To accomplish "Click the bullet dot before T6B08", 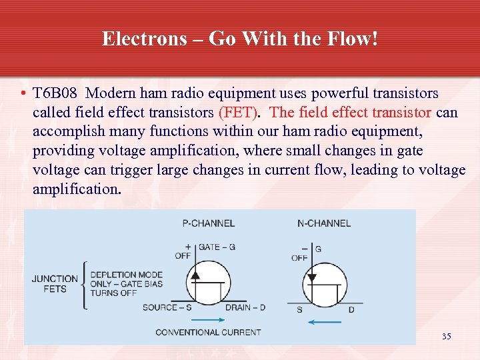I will (23, 93).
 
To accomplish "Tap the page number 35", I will (446, 337).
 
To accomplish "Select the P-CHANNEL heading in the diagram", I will (208, 223).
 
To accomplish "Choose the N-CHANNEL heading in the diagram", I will (323, 223).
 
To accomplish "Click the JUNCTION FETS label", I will (55, 284).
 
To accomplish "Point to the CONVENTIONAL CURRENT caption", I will (208, 331).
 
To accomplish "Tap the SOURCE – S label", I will (167, 307).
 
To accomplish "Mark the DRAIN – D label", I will (245, 307).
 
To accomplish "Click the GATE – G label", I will (217, 247).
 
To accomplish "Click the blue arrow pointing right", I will (208, 319).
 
